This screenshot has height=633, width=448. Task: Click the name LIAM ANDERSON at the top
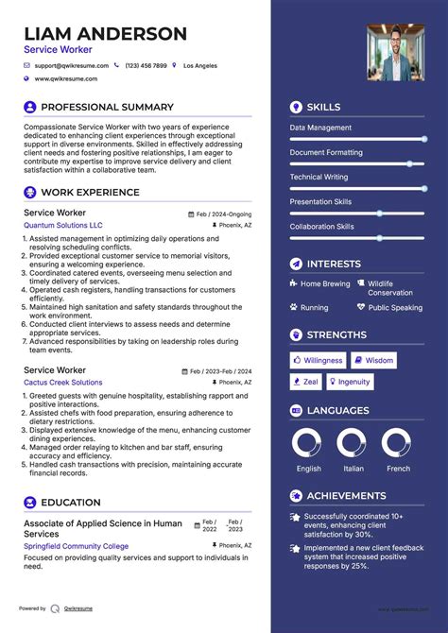click(x=106, y=34)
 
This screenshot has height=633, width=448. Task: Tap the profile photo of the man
click(x=395, y=52)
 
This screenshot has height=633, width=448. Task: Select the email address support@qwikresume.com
click(x=72, y=66)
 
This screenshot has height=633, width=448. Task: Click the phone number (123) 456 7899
click(x=146, y=66)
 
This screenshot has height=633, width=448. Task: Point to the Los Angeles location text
click(x=199, y=66)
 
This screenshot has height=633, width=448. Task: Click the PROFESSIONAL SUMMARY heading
click(x=107, y=108)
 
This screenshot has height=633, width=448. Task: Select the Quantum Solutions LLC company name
click(x=63, y=226)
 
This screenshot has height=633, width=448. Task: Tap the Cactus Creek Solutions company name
click(x=63, y=383)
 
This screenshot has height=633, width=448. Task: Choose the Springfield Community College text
click(x=77, y=546)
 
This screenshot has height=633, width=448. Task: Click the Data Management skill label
click(x=320, y=128)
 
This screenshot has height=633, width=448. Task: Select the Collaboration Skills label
click(x=321, y=227)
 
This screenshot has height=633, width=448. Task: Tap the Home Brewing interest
click(x=325, y=283)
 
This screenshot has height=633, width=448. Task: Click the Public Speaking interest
click(x=395, y=307)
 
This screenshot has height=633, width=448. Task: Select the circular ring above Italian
click(x=352, y=443)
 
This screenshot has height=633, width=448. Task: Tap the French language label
click(x=398, y=469)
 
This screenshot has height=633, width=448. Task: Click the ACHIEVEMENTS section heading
click(x=346, y=496)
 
